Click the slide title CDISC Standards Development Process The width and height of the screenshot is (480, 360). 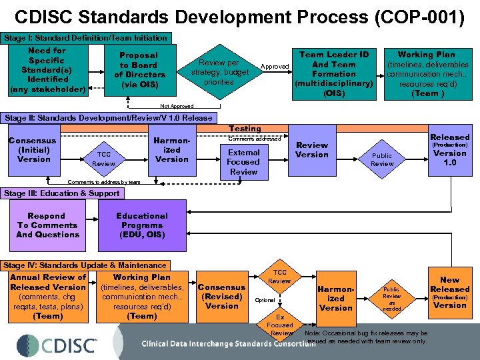click(x=239, y=17)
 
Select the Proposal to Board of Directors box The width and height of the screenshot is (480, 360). click(x=139, y=70)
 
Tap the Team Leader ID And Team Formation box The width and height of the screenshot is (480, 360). click(x=334, y=73)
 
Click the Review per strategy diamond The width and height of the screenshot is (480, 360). click(x=219, y=72)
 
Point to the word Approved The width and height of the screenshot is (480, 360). click(x=275, y=67)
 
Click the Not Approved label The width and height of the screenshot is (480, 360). click(x=177, y=106)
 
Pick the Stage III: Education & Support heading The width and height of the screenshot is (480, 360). click(x=62, y=193)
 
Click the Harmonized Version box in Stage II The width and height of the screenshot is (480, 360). click(x=172, y=150)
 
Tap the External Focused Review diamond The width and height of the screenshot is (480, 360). click(x=243, y=162)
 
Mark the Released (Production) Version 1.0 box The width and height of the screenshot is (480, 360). click(x=450, y=150)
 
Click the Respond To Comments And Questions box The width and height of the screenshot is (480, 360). click(x=47, y=225)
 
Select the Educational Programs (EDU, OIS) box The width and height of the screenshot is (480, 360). click(x=142, y=225)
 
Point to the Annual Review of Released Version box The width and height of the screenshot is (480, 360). click(x=48, y=296)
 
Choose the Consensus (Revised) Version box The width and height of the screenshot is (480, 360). click(x=222, y=297)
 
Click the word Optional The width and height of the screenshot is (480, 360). click(x=265, y=300)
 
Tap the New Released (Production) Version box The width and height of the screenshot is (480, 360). click(x=449, y=293)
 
